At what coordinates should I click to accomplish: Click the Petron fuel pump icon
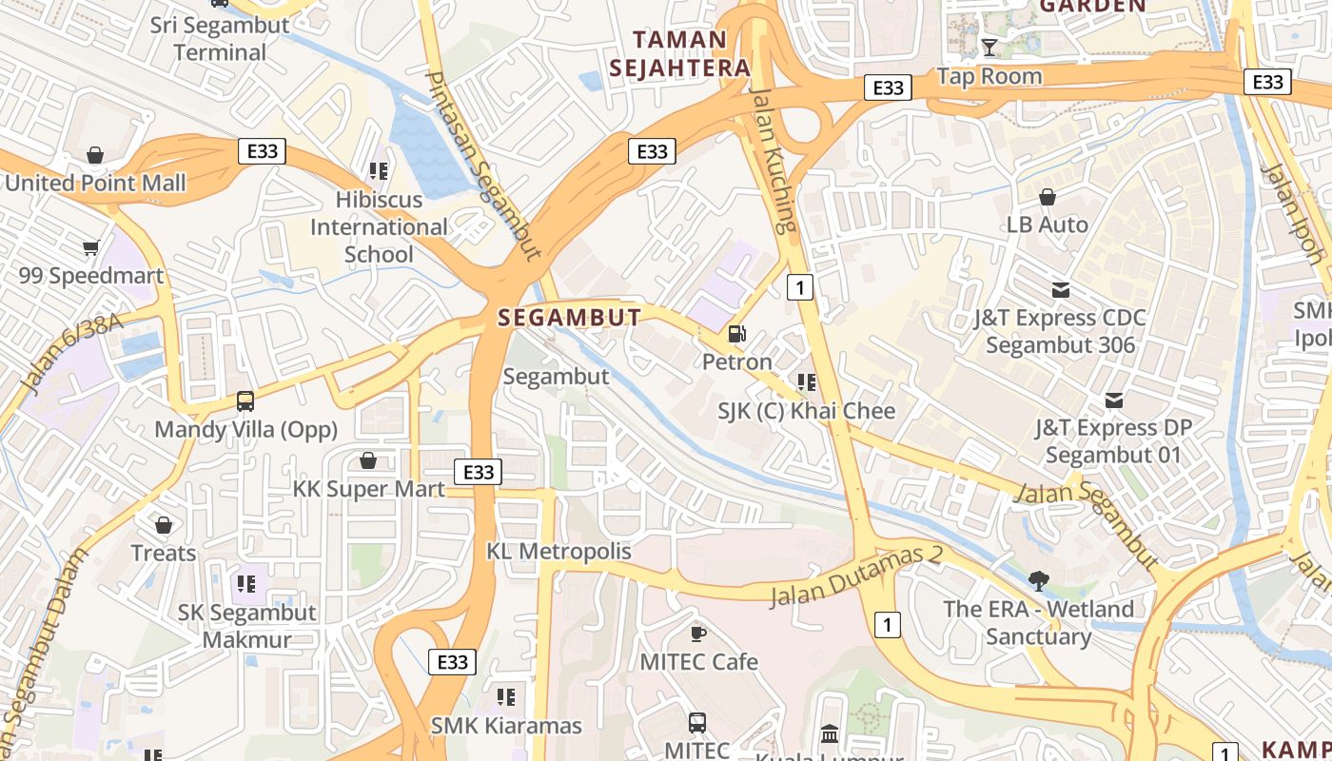point(736,334)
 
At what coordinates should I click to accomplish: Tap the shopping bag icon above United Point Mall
point(95,155)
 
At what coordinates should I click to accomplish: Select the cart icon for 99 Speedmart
point(90,248)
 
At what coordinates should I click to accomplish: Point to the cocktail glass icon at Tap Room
point(989,48)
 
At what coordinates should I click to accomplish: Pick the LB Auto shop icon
point(1047,197)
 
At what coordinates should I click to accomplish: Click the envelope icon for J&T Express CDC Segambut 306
point(1060,290)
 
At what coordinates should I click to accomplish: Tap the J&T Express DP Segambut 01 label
point(1113,441)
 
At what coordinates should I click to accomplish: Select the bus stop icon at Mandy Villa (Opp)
point(245,401)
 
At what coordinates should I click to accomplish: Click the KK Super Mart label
point(368,489)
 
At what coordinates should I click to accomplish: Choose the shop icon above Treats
point(164,525)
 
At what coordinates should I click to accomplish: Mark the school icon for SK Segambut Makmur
point(246,584)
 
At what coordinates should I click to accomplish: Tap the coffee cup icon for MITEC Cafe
point(698,634)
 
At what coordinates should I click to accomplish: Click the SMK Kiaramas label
point(506,726)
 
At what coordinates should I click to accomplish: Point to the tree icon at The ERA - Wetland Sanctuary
point(1038,580)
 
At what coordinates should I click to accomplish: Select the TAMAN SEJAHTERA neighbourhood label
point(680,54)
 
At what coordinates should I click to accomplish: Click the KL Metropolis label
point(558,551)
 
